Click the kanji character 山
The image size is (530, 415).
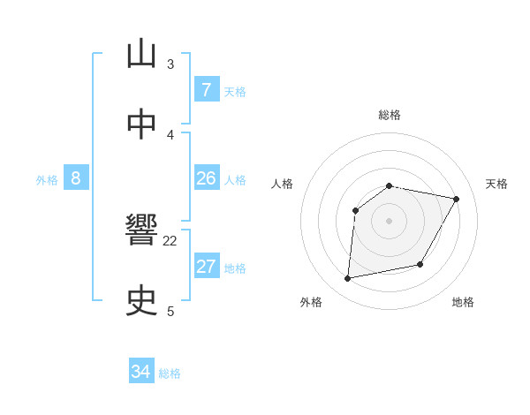142,55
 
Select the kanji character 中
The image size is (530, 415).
142,124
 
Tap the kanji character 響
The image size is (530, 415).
142,231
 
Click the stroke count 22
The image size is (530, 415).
170,240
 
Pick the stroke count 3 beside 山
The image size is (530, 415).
170,64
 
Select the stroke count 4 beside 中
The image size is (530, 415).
170,134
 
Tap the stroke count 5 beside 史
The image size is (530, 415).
170,311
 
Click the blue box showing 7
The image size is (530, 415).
206,90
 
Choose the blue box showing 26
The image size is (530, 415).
206,178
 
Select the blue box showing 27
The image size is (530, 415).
206,267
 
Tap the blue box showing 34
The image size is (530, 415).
140,373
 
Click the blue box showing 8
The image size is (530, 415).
76,178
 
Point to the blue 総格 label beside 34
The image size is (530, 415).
170,373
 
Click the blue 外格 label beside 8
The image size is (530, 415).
47,180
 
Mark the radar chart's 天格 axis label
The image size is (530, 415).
497,184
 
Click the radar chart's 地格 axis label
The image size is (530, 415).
463,302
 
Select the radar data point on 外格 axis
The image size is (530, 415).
349,279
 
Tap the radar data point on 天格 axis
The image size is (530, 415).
456,200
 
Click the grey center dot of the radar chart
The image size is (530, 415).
389,220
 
